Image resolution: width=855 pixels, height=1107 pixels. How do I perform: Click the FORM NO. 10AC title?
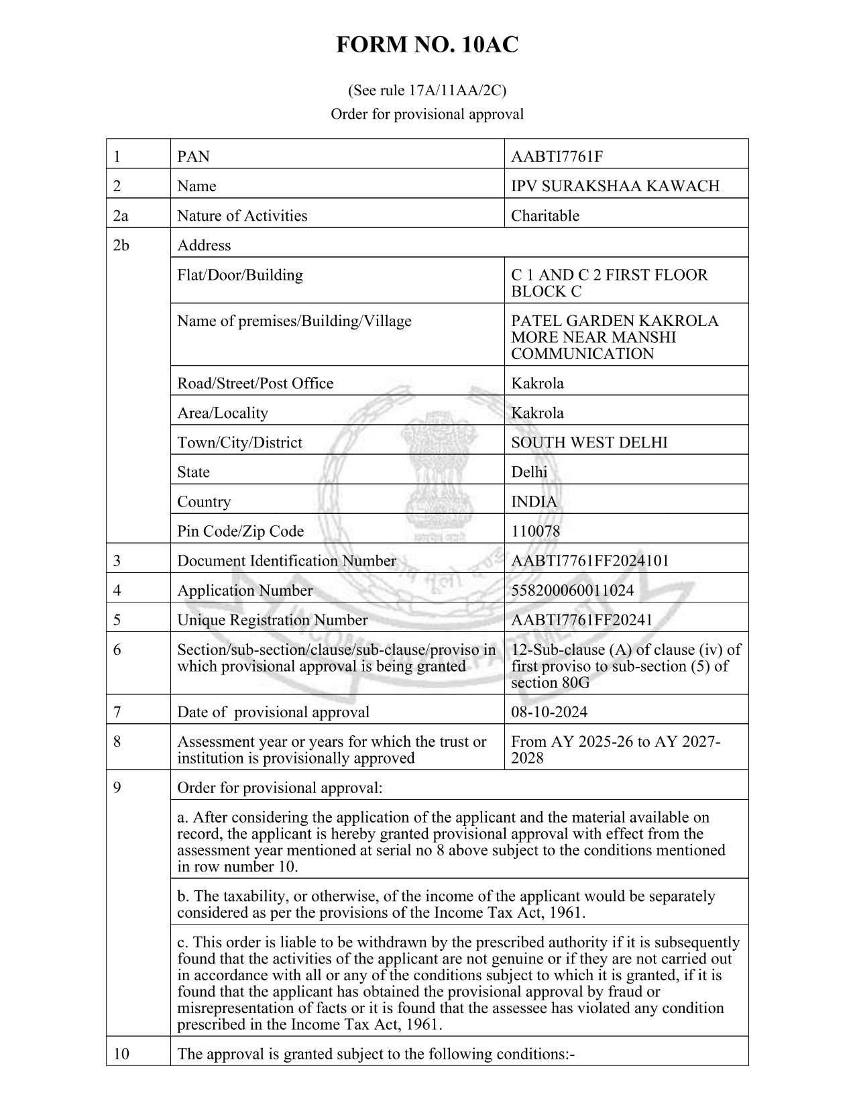pyautogui.click(x=427, y=45)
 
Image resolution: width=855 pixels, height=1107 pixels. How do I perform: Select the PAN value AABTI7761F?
pyautogui.click(x=557, y=157)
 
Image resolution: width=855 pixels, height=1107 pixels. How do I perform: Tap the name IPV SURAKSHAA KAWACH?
pyautogui.click(x=615, y=187)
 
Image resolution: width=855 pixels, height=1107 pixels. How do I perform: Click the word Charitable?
pyautogui.click(x=545, y=216)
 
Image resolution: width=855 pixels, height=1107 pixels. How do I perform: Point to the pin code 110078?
pyautogui.click(x=535, y=531)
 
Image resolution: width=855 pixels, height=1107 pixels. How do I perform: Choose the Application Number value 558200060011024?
pyautogui.click(x=572, y=590)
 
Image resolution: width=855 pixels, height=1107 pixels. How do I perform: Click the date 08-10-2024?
pyautogui.click(x=549, y=712)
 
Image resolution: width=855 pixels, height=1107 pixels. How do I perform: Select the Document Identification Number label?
pyautogui.click(x=286, y=561)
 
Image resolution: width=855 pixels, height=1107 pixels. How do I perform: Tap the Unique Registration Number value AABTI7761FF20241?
pyautogui.click(x=581, y=620)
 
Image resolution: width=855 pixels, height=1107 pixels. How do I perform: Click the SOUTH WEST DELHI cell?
pyautogui.click(x=589, y=443)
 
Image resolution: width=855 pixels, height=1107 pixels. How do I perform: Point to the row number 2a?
pyautogui.click(x=121, y=216)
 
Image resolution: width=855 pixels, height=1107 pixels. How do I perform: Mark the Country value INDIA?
pyautogui.click(x=534, y=502)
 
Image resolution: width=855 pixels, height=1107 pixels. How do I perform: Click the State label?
pyautogui.click(x=193, y=472)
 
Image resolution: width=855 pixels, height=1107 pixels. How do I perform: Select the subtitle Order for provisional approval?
pyautogui.click(x=427, y=114)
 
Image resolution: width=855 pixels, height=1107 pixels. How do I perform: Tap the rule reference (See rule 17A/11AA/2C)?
pyautogui.click(x=427, y=91)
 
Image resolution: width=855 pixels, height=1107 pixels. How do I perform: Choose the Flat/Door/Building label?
pyautogui.click(x=239, y=275)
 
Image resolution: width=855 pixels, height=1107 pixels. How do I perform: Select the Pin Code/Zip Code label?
pyautogui.click(x=240, y=531)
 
